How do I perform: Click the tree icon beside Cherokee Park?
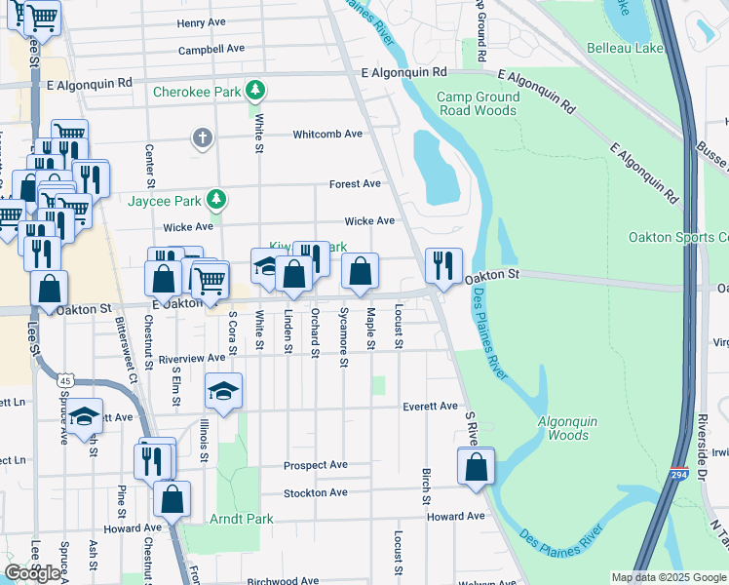[255, 92]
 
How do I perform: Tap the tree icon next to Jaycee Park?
[216, 201]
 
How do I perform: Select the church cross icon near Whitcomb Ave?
[202, 137]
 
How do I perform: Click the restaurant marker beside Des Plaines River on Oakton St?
[444, 264]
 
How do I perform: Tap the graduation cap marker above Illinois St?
[223, 391]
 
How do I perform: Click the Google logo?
[32, 573]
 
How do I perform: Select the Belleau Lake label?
[625, 48]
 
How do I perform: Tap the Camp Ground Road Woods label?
[477, 103]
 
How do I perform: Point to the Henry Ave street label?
[203, 22]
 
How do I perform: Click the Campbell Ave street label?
[211, 48]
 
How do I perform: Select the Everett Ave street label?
[430, 406]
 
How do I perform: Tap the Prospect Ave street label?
[316, 465]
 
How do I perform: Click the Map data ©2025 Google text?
[668, 577]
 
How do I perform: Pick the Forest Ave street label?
[355, 183]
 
